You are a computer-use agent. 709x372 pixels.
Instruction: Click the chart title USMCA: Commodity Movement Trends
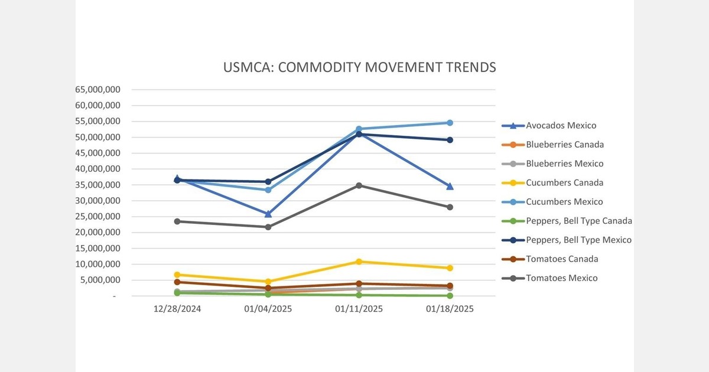point(359,67)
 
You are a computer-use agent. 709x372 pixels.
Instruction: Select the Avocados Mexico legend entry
point(561,125)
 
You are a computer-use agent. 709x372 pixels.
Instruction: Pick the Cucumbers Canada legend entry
point(564,182)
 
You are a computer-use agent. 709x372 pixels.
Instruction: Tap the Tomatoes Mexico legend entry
point(561,278)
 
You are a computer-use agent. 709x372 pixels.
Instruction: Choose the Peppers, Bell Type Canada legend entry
point(578,221)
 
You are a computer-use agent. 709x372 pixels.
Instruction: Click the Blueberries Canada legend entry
point(564,145)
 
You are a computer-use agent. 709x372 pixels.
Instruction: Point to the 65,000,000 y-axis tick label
point(98,90)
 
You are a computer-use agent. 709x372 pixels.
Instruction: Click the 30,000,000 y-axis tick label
point(98,201)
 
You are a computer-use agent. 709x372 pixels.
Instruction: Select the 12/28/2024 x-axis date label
point(177,309)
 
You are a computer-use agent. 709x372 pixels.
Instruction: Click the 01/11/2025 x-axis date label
point(359,309)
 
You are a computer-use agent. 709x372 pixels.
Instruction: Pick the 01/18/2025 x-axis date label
point(450,309)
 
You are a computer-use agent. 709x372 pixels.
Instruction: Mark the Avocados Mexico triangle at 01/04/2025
point(268,214)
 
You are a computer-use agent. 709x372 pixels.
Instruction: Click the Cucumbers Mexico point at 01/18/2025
point(450,123)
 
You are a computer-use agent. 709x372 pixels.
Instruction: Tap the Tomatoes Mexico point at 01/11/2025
point(359,185)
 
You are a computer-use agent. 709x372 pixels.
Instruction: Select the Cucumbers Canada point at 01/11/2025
point(359,262)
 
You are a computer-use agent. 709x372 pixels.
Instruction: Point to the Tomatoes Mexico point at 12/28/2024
point(177,221)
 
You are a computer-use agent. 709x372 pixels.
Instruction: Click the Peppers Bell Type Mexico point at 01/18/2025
point(450,140)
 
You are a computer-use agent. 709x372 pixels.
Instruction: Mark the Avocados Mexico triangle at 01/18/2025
point(450,186)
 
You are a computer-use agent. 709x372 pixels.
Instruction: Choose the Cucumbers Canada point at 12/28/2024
point(177,275)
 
